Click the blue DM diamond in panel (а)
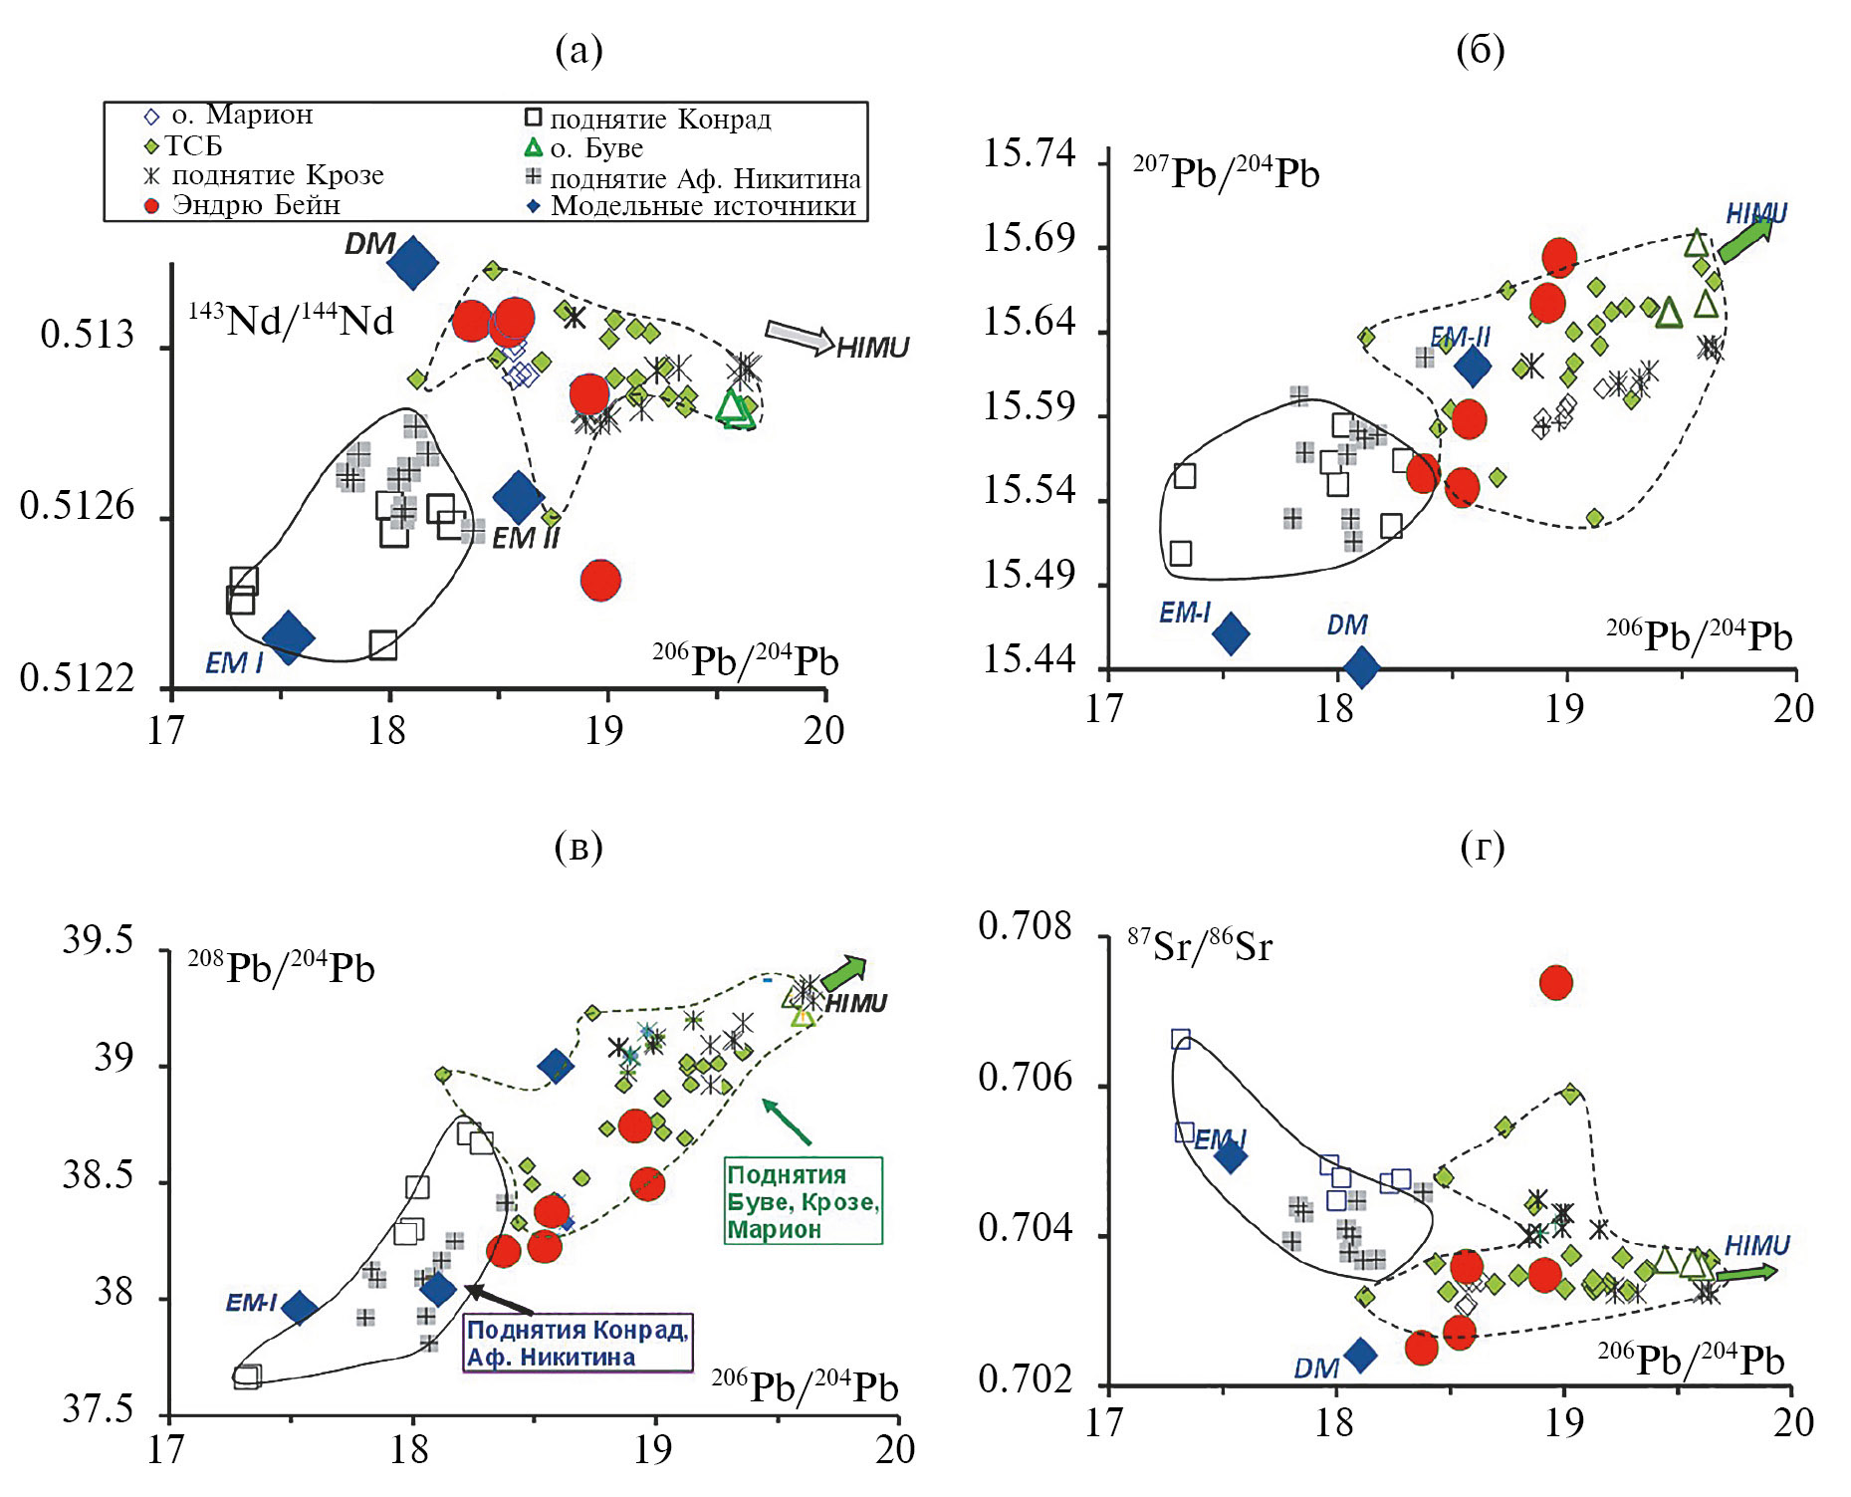pyautogui.click(x=412, y=263)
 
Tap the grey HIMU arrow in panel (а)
pyautogui.click(x=800, y=337)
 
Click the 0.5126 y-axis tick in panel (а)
pyautogui.click(x=77, y=506)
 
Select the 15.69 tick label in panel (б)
pyautogui.click(x=1030, y=238)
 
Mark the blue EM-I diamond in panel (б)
pyautogui.click(x=1231, y=633)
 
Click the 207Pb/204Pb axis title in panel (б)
pyautogui.click(x=1226, y=172)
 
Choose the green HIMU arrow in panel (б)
pyautogui.click(x=1744, y=239)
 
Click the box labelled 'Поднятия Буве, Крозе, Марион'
pyautogui.click(x=803, y=1200)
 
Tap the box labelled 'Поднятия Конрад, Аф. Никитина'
pyautogui.click(x=578, y=1343)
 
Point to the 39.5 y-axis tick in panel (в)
pyautogui.click(x=97, y=939)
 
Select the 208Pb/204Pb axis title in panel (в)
pyautogui.click(x=281, y=967)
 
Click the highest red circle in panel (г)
pyautogui.click(x=1555, y=983)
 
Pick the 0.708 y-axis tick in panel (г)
pyautogui.click(x=1025, y=926)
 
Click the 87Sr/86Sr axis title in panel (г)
pyautogui.click(x=1200, y=945)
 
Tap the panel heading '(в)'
pyautogui.click(x=578, y=847)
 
